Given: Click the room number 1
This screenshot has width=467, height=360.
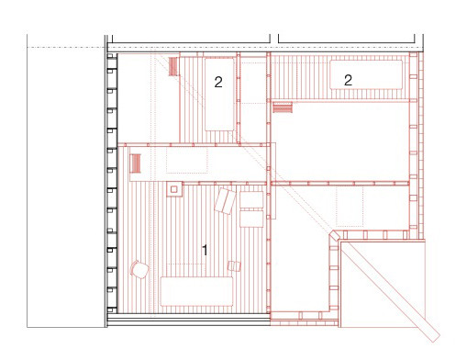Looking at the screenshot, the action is pos(205,250).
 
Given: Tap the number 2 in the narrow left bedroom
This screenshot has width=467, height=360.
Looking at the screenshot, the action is pos(218,82).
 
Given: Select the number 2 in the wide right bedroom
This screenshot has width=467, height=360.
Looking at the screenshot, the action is pos(348,80).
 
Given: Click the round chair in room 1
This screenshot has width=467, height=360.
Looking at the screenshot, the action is pos(139,269).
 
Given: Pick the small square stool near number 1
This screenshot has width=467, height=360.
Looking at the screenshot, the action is pos(234,265).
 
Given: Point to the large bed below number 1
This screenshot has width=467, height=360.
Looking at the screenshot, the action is pos(196,291).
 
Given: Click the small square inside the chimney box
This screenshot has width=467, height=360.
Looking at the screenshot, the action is pos(174,189).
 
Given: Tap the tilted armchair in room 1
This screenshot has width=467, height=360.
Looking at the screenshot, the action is pos(225,201).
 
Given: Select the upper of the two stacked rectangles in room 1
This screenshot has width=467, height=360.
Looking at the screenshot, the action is pos(251,199).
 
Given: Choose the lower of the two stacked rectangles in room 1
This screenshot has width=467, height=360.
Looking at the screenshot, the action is pos(251,219).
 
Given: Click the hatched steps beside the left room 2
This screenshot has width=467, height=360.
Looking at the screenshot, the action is pos(173,66).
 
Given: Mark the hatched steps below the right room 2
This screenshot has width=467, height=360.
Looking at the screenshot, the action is pos(283,107).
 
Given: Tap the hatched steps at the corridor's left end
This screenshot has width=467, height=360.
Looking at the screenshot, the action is pos(136,163).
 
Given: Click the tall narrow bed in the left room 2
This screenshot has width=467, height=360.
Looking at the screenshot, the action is pos(219,95).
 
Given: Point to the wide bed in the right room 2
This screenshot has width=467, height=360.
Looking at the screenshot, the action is pos(366,74).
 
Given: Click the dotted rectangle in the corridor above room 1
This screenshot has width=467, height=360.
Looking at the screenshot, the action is pos(187,161).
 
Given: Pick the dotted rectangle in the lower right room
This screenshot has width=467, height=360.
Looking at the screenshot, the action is pos(350,207).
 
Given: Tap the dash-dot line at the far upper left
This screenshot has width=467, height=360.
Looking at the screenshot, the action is pos(66,48).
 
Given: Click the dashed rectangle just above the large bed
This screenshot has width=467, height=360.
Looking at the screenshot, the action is pos(185,270).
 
